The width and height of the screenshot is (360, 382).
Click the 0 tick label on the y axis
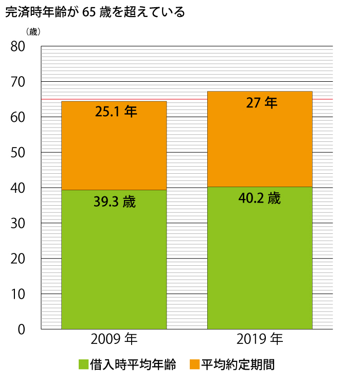pyautogui.click(x=22, y=329)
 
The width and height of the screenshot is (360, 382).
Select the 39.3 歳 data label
pyautogui.click(x=114, y=202)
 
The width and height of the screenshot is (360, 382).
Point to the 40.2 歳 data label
pyautogui.click(x=260, y=198)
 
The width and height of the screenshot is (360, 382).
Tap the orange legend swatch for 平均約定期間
pyautogui.click(x=194, y=365)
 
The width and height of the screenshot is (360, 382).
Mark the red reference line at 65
pyautogui.click(x=185, y=99)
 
